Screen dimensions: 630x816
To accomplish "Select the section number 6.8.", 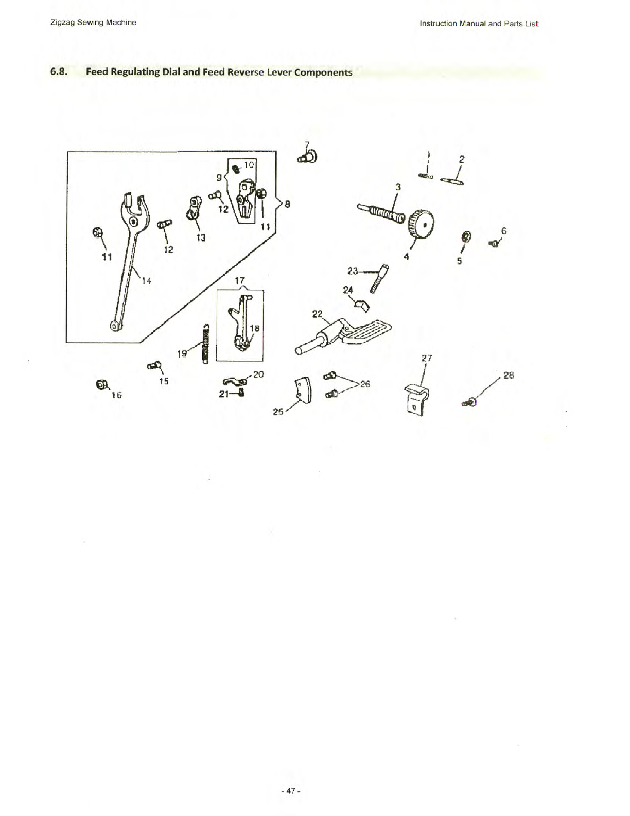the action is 59,72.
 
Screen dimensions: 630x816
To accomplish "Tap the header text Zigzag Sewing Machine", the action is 93,22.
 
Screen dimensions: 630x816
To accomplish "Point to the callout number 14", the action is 147,281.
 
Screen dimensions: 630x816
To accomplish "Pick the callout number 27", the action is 427,358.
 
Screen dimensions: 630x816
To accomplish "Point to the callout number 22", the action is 317,313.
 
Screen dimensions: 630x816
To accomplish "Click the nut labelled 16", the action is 101,385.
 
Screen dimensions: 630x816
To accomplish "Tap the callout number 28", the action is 509,375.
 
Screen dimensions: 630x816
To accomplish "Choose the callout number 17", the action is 240,281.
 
